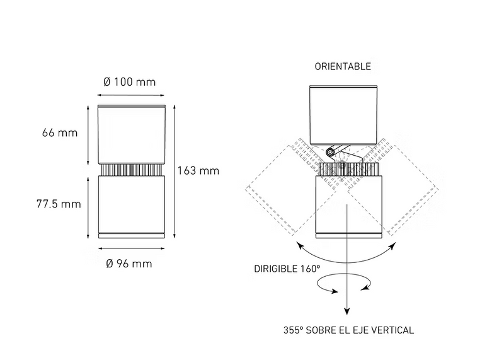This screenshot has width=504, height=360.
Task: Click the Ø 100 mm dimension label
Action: tap(130, 82)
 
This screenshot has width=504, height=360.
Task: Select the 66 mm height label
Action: tap(60, 132)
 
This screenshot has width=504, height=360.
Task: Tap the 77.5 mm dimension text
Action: tap(59, 204)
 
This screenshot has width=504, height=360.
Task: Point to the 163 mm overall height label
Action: tap(198, 170)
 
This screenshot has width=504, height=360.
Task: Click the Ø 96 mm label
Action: tap(129, 264)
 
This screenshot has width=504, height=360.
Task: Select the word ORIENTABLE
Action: tap(343, 66)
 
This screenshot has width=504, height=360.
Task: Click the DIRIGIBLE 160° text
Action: tap(287, 269)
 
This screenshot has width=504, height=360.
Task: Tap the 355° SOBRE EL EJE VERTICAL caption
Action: tap(348, 330)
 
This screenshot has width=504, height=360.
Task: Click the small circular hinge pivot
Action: tap(330, 152)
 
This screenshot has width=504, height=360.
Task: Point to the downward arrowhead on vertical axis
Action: tap(346, 311)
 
